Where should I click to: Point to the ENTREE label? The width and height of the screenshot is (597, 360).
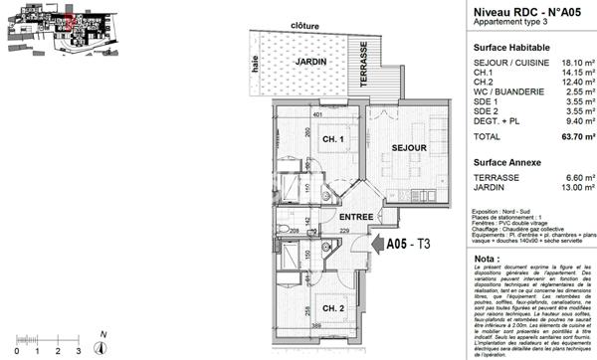tap(355, 217)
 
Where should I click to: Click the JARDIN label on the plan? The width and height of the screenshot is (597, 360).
tap(311, 62)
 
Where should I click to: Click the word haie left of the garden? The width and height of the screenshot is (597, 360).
tap(257, 66)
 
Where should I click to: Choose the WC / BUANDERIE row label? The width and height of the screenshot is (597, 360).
tap(507, 91)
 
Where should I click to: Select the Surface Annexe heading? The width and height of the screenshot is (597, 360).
tap(507, 161)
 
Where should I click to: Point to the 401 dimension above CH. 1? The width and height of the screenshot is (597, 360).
tap(318, 115)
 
